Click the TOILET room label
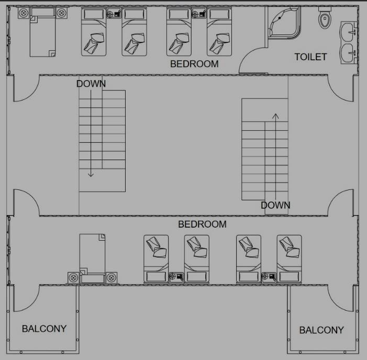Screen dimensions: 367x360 click(310, 57)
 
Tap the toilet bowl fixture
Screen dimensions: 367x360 click(325, 19)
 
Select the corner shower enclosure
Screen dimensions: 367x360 click(283, 23)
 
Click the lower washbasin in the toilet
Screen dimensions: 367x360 click(349, 52)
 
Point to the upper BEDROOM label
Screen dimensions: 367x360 click(194, 64)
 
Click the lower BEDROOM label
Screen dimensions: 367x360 click(202, 224)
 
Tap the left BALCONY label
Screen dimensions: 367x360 click(44, 329)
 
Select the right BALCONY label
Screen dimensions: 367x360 click(321, 330)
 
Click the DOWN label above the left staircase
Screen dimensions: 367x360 click(91, 84)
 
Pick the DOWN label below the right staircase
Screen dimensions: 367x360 click(275, 205)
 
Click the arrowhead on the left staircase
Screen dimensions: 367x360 click(91, 174)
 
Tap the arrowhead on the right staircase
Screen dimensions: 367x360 click(275, 114)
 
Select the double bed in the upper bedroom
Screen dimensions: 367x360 click(42, 35)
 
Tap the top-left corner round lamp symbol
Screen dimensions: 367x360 click(23, 13)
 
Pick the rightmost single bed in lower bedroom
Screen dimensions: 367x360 click(290, 258)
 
